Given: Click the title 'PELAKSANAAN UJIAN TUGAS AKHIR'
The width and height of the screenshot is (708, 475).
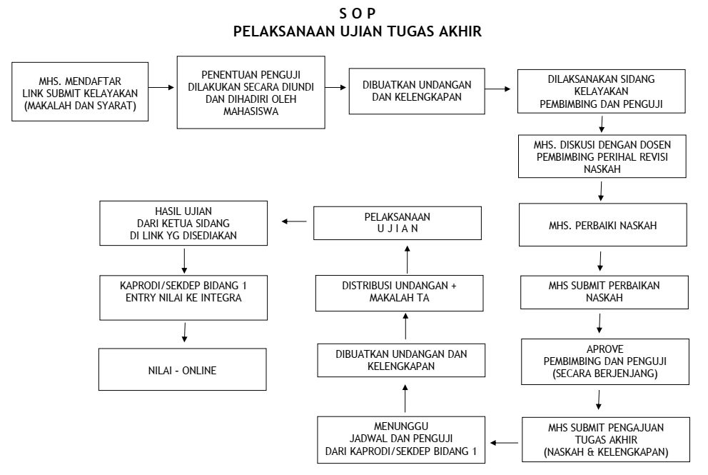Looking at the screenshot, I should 353,33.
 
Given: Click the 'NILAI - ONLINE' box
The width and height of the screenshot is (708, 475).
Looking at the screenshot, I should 185,371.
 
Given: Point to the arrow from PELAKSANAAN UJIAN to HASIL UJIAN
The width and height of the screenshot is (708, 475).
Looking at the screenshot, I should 294,221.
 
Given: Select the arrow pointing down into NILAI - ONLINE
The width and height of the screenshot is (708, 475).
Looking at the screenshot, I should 185,331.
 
